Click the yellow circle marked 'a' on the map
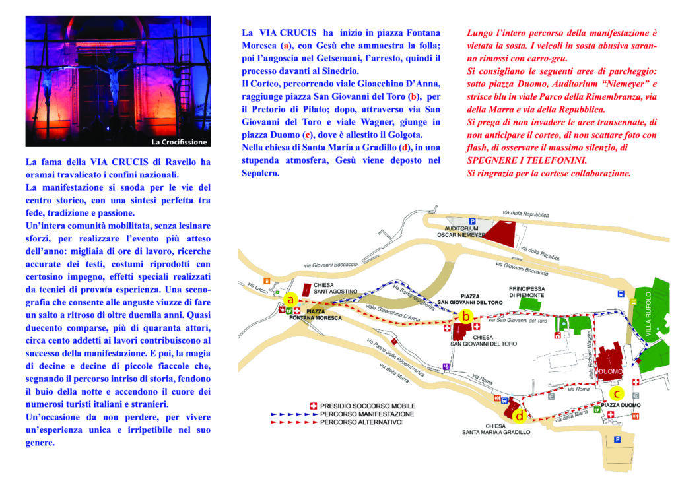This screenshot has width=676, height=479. coord(288,299)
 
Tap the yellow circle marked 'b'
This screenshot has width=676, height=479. coord(465,316)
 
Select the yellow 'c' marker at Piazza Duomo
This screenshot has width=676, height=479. coord(617,393)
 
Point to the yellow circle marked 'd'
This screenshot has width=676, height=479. coord(520,416)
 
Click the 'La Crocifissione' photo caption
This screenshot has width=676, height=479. coord(180,141)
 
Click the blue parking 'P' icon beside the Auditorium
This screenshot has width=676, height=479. coord(471,221)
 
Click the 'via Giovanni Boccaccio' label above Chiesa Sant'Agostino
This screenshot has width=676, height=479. coord(331,265)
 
